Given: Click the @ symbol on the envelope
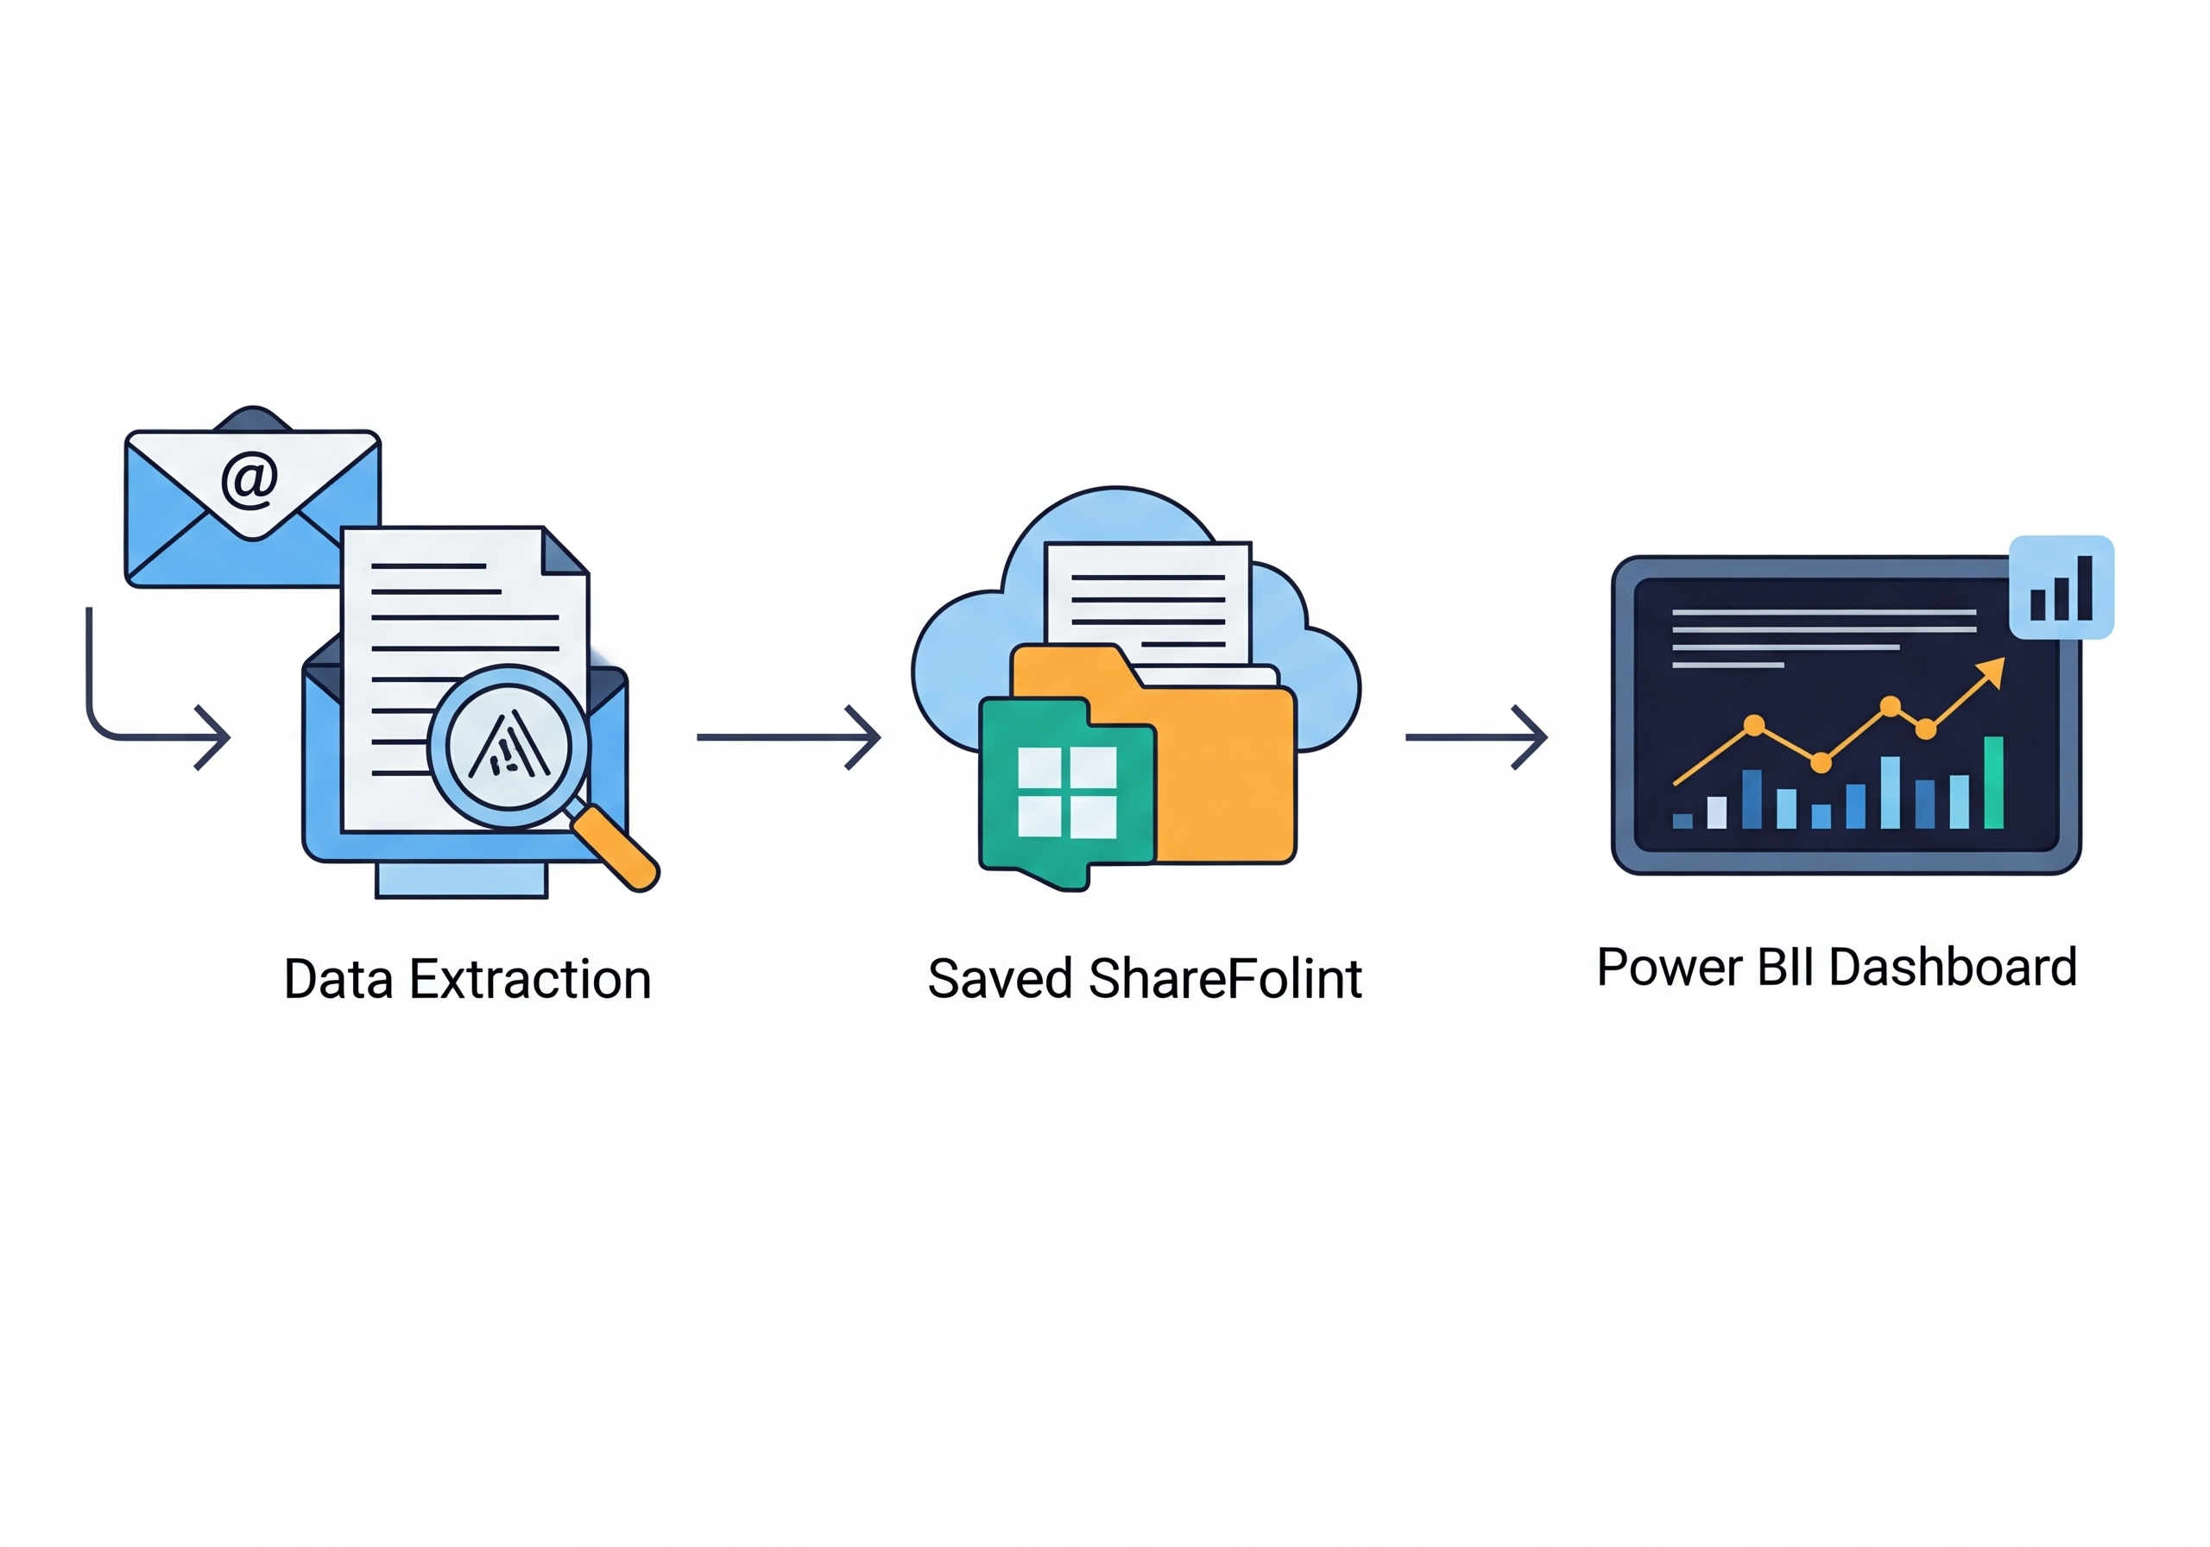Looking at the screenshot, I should pos(249,479).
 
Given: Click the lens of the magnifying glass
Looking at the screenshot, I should pos(508,746).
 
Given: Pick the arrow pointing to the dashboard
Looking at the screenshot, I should pos(1476,737).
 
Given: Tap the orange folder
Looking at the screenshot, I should pos(1222,770).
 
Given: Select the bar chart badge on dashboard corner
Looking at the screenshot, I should pos(2061,587).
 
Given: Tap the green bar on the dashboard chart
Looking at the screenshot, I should pos(1993,781).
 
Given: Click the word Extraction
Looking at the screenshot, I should pos(530,980).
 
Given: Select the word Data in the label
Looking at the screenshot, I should pos(338,980).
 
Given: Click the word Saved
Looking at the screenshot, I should pos(1000,980).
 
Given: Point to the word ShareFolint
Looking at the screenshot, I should pos(1225,980).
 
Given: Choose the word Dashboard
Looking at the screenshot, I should pos(1953,968).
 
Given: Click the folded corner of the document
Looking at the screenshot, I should pos(564,551).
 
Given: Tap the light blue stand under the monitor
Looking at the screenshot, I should pos(461,880).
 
